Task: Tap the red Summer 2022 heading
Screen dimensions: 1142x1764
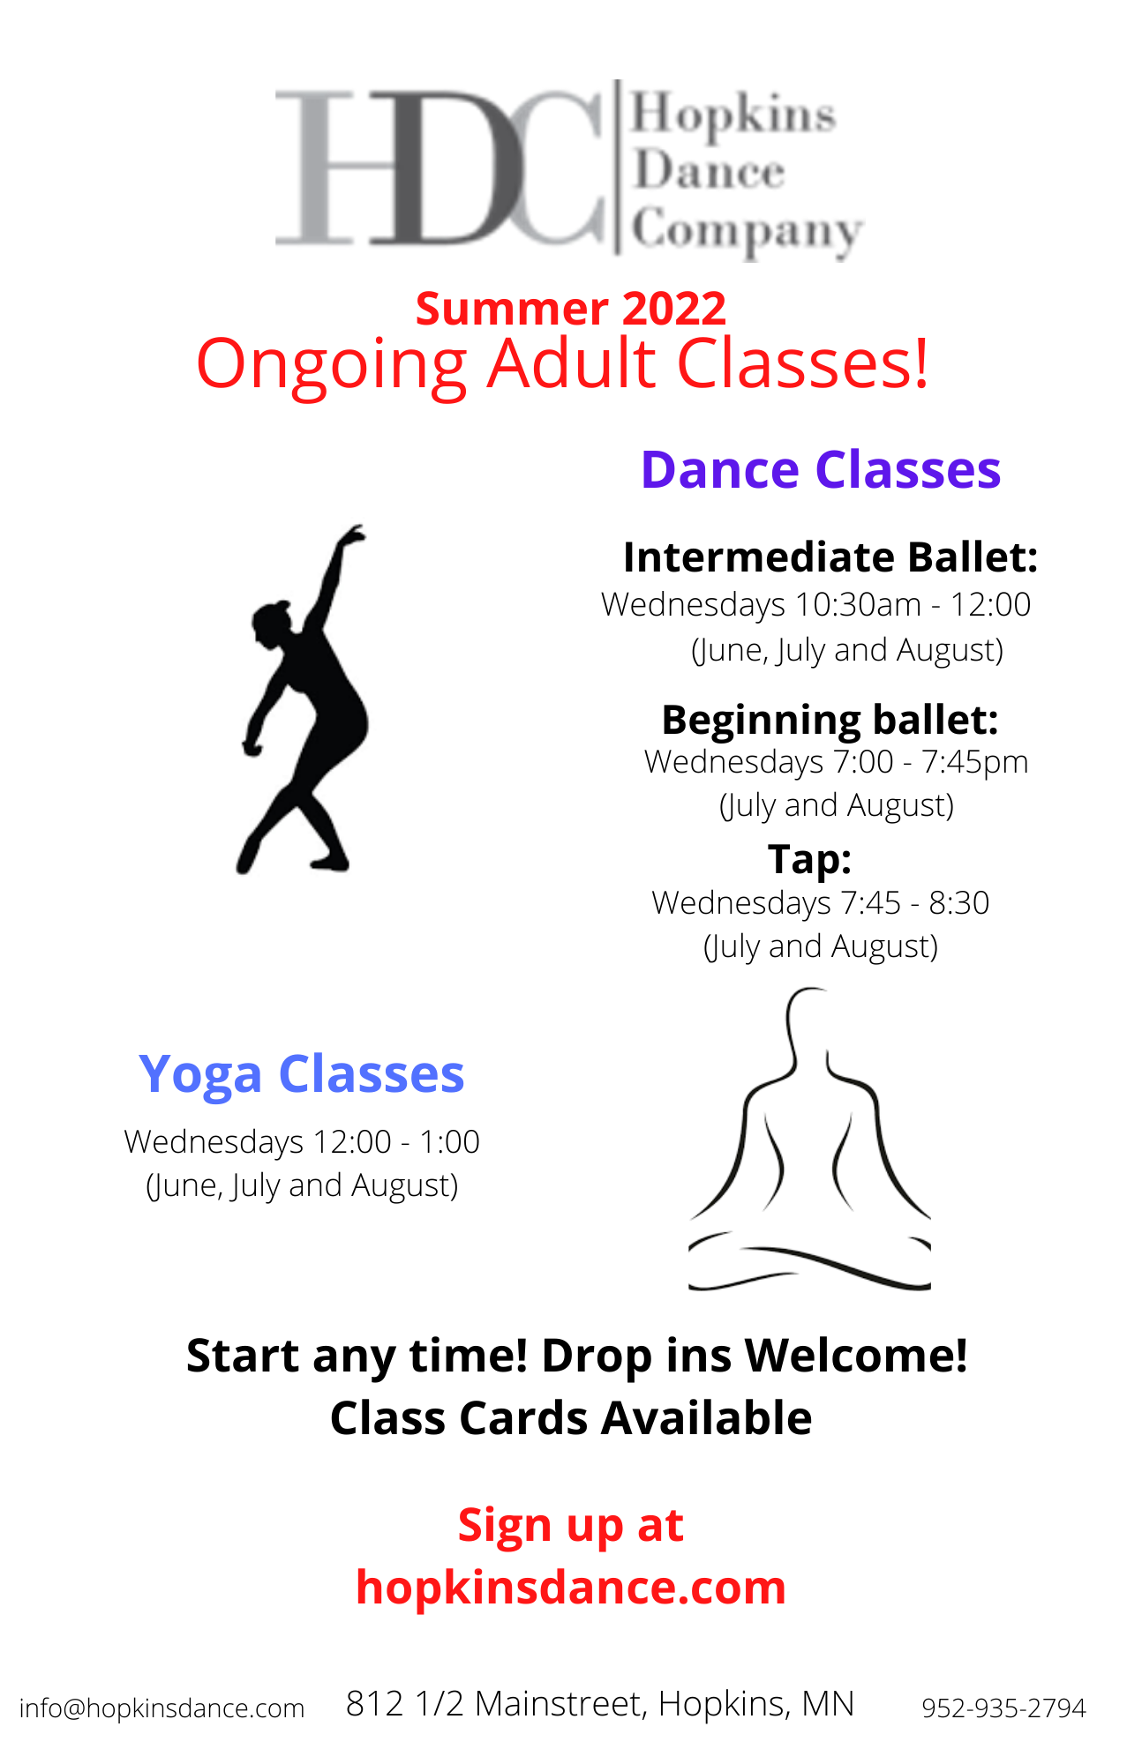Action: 571,309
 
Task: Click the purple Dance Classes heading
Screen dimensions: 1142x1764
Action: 821,469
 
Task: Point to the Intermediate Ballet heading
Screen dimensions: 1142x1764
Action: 830,557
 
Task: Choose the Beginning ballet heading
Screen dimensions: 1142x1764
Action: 830,720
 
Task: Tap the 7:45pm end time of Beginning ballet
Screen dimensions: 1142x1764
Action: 975,762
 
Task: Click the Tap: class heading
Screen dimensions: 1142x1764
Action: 809,859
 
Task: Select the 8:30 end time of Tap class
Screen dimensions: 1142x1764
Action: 959,903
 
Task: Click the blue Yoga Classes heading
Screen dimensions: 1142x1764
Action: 302,1074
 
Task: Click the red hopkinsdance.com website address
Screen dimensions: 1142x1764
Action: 571,1588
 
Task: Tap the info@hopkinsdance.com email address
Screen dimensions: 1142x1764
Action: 162,1708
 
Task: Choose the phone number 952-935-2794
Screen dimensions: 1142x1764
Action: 1003,1708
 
